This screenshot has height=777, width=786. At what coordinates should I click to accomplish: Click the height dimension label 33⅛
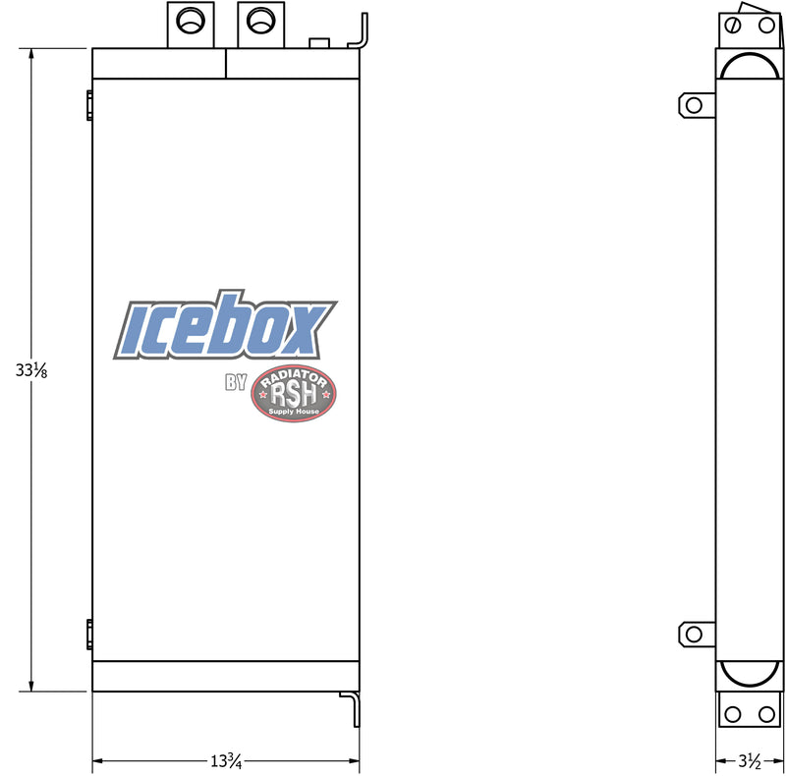(x=30, y=370)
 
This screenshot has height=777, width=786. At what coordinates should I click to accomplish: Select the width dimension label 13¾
(x=226, y=760)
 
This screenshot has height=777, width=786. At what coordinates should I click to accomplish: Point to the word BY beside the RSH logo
(x=236, y=383)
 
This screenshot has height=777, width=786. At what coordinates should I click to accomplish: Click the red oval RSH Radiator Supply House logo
(x=294, y=394)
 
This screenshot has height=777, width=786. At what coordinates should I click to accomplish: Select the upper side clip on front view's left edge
(x=89, y=103)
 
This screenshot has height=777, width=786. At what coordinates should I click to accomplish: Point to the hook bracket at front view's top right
(x=361, y=31)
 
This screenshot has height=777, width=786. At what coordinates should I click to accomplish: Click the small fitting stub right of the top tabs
(x=318, y=43)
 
